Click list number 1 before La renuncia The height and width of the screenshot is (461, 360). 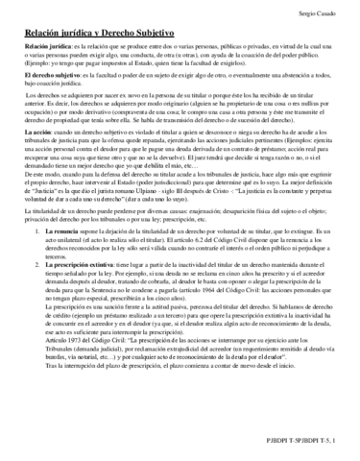35,286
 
